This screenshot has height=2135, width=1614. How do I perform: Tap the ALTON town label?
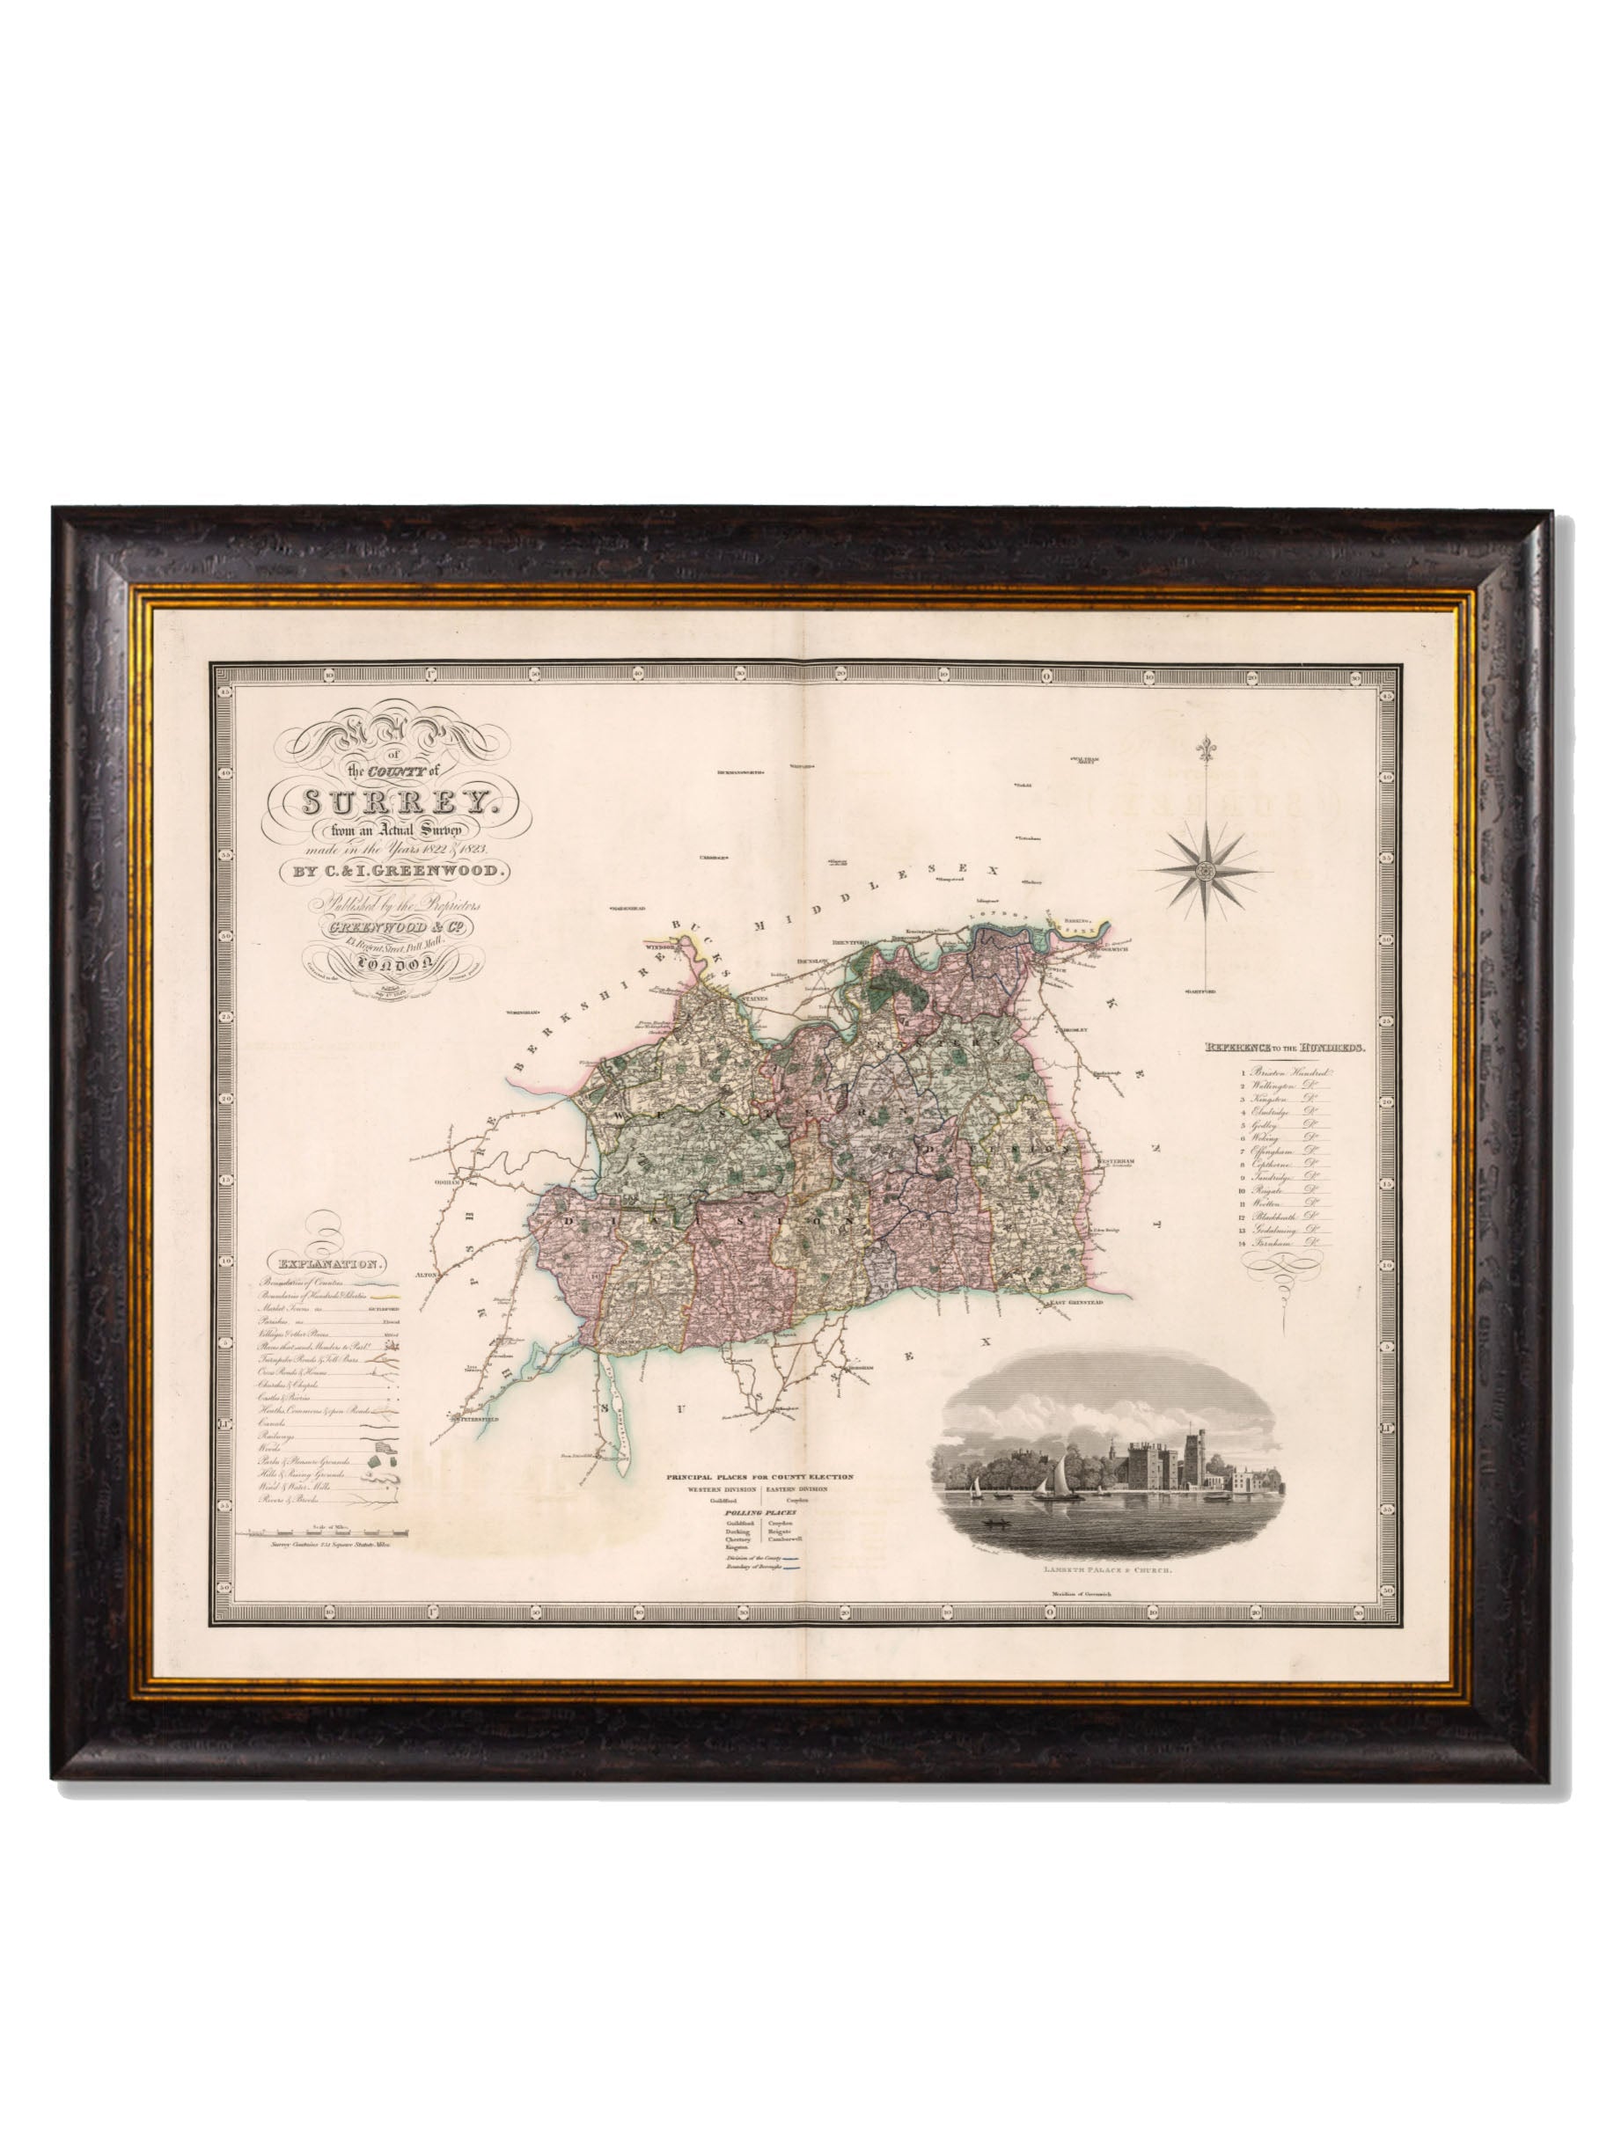click(x=427, y=1275)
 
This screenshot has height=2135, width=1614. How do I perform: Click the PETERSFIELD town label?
click(x=475, y=1419)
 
